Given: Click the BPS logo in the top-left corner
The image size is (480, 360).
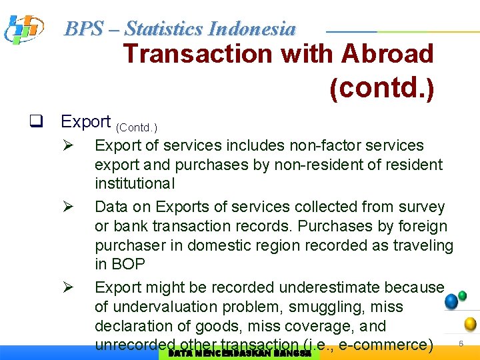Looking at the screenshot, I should pos(24,29).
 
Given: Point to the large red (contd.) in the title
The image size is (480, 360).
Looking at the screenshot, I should pos(381,88).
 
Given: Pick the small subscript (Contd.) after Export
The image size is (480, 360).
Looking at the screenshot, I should pos(136,127).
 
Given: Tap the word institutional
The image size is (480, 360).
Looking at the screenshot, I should pos(134,183).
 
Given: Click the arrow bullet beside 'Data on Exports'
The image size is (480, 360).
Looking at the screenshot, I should pos(67,207).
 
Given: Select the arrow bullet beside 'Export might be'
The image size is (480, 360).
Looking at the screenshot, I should pos(67,287).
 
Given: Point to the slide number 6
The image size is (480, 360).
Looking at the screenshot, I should pos(460,343).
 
